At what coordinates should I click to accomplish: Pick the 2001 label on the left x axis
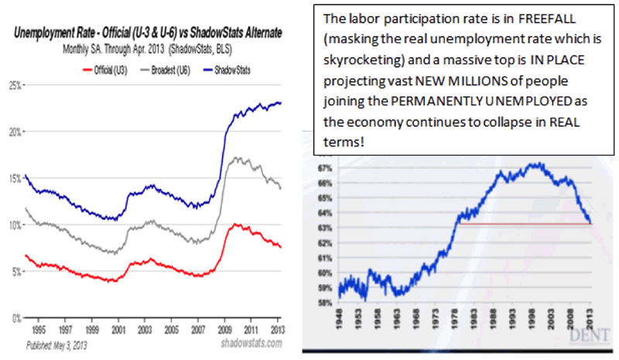117,328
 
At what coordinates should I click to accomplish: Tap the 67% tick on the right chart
323,167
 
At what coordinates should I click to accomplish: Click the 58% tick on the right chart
323,303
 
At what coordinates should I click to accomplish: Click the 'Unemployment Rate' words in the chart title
59,33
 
